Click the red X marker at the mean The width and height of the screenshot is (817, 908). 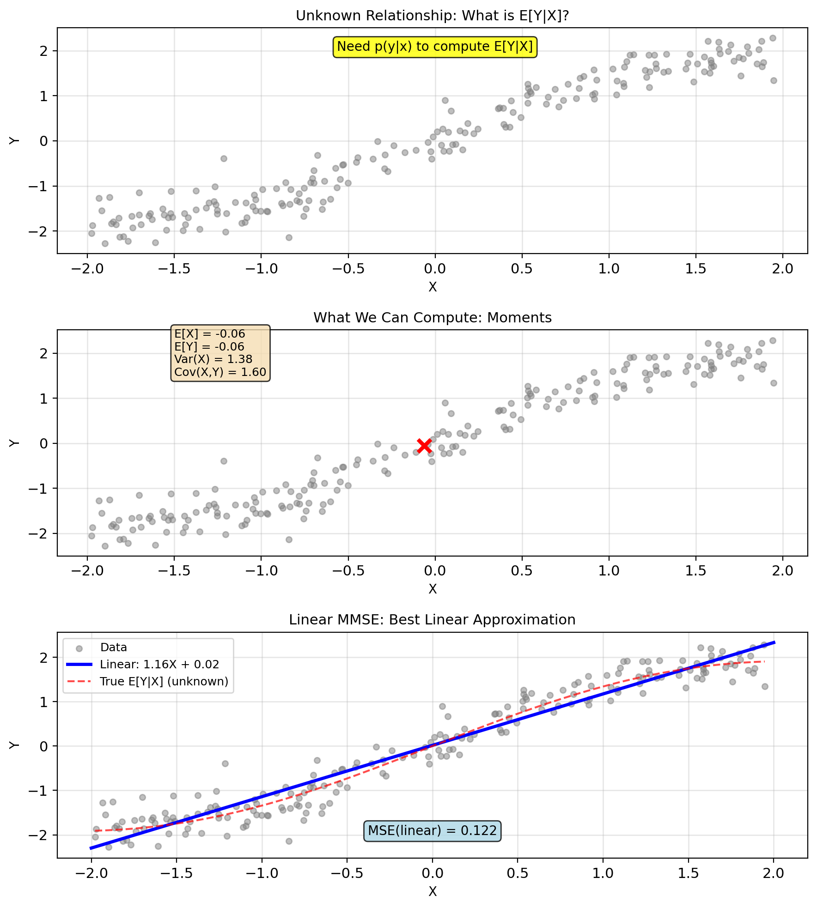424,446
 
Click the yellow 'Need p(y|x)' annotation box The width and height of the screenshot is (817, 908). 435,47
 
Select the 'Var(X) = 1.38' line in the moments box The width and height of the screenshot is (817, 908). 213,359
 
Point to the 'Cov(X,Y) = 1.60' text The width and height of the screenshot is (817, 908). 220,372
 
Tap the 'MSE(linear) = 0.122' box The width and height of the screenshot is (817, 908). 432,831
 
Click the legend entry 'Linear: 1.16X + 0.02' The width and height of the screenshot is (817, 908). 159,665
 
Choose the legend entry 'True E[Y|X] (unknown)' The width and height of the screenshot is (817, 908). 164,682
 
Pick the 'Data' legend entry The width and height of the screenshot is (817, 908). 114,648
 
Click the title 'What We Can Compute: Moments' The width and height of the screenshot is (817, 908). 433,318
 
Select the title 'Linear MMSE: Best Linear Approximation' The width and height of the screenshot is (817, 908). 432,620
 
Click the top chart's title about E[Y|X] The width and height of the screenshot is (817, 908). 432,16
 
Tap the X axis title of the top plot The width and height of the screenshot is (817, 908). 433,287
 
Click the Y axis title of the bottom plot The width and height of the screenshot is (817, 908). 14,745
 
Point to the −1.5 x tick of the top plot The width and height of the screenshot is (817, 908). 174,269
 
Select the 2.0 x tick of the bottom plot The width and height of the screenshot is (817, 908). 774,873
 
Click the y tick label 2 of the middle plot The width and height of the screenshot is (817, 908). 44,353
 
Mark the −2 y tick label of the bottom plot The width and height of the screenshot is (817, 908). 40,835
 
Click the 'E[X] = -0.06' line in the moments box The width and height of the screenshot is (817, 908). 209,334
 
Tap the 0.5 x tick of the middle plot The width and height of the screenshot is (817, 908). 522,571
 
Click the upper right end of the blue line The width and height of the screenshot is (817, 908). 774,642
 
